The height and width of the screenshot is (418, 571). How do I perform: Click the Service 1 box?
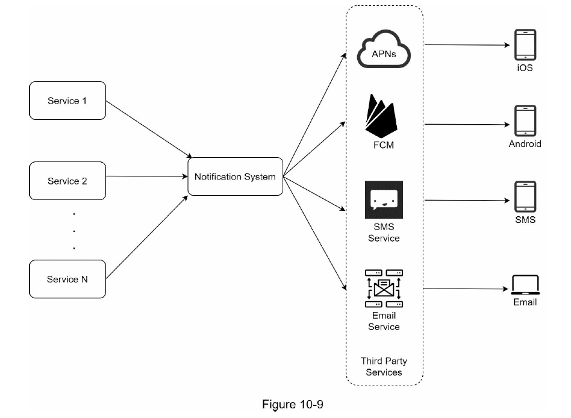click(67, 101)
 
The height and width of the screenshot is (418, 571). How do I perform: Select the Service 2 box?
click(67, 181)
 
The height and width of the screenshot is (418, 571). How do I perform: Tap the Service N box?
click(67, 279)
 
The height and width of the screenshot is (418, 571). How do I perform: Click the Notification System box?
click(235, 176)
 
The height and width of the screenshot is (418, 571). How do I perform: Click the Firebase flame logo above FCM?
click(383, 117)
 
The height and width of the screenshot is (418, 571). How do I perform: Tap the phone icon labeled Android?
click(525, 121)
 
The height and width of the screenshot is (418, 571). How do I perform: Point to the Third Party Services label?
click(384, 366)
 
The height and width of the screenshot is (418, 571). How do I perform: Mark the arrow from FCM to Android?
click(467, 125)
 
